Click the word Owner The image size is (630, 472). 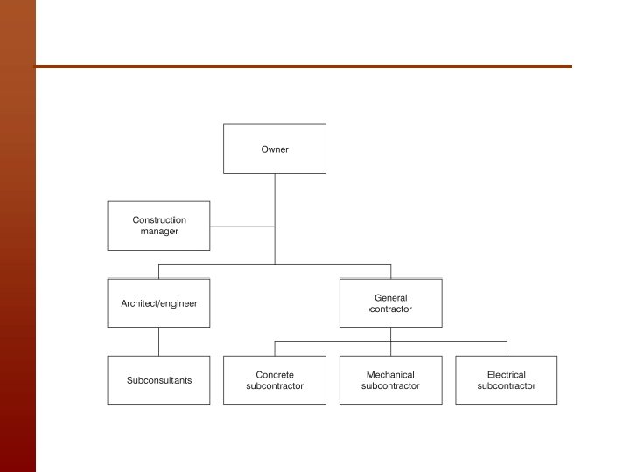pos(275,149)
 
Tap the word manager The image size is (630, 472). pos(159,232)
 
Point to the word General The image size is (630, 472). pos(390,298)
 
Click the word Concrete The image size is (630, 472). pos(275,375)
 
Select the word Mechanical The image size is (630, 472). pos(390,375)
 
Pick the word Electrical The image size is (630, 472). pos(507,375)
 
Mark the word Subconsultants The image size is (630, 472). pos(158,380)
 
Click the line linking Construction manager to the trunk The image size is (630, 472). pos(242,226)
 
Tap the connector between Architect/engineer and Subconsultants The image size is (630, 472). pos(158,342)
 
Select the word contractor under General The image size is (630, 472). pos(391,309)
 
